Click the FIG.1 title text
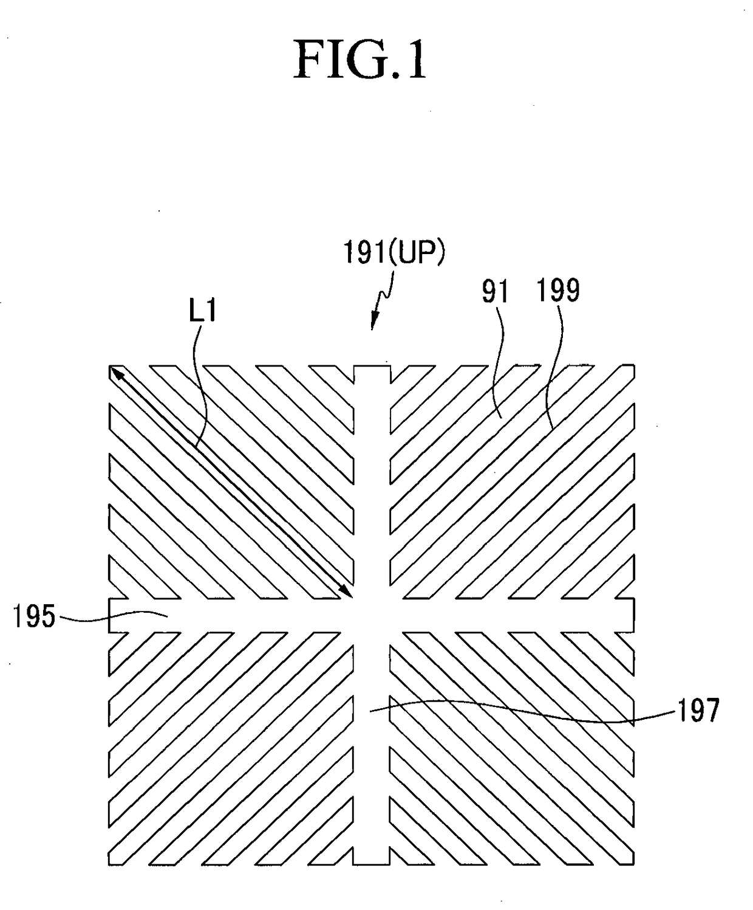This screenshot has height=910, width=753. pyautogui.click(x=360, y=62)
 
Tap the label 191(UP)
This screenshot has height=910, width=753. pyautogui.click(x=394, y=253)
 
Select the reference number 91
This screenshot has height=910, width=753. pyautogui.click(x=495, y=293)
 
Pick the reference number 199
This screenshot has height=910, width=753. pyautogui.click(x=557, y=291)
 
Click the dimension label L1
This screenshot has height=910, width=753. pyautogui.click(x=202, y=312)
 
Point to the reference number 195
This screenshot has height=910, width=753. pyautogui.click(x=34, y=617)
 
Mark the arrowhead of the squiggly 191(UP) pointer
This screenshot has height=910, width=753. pyautogui.click(x=373, y=324)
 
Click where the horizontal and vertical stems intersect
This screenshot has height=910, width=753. pyautogui.click(x=372, y=615)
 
